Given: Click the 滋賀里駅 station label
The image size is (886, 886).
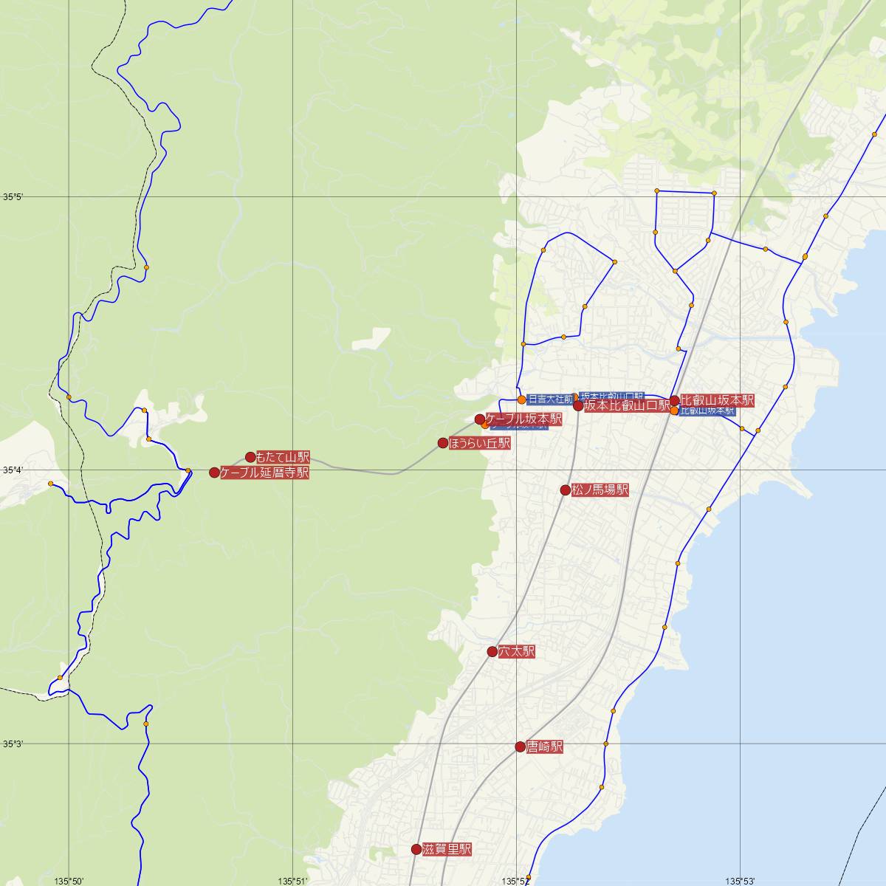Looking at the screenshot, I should (x=447, y=849).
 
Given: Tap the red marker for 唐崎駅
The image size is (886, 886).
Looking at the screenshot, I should (x=521, y=746).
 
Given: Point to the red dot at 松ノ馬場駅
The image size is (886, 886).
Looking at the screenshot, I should (x=566, y=490).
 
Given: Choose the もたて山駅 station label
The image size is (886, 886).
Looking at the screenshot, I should (x=283, y=458).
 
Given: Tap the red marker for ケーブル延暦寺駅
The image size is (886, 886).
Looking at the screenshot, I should (x=214, y=473).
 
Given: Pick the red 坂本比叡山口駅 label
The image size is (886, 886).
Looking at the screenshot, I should (x=627, y=406).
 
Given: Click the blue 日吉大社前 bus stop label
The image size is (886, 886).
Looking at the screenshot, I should (x=551, y=399).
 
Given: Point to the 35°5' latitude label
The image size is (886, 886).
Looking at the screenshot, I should (x=13, y=197).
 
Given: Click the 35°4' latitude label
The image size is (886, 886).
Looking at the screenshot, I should (x=13, y=470).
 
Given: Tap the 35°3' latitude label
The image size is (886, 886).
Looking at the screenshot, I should (x=13, y=744).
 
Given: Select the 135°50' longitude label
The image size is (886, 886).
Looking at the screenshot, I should (x=69, y=880).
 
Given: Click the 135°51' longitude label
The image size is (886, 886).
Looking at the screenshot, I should (x=292, y=880).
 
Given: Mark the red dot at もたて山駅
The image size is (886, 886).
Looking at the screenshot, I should (x=250, y=457).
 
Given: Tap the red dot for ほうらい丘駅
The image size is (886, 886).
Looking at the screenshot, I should (x=443, y=443).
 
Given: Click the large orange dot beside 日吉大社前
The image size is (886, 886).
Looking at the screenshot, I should (x=522, y=399).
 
